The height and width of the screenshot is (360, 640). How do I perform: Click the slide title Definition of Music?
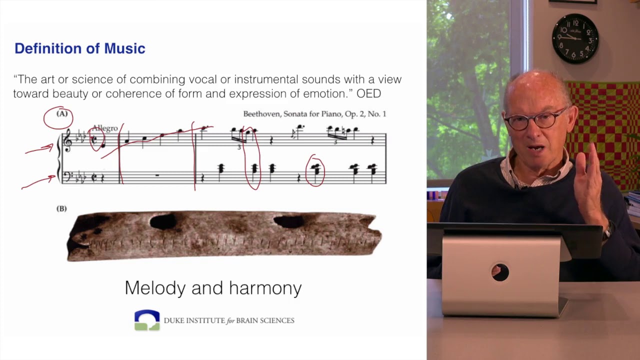point(79,48)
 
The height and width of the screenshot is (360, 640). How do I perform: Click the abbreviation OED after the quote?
point(368,93)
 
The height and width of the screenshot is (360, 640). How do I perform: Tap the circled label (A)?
point(61,114)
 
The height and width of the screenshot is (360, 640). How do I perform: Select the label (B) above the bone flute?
point(61,208)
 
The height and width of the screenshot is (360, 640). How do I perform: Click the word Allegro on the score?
point(105,128)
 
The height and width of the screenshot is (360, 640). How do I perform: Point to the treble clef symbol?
point(67,140)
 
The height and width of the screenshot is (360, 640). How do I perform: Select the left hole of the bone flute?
point(163,221)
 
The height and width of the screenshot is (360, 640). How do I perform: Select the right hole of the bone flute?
point(289,221)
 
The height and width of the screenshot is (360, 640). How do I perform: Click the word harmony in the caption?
point(265,288)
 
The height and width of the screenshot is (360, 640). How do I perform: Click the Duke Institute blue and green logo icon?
point(147,320)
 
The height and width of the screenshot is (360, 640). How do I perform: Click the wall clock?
point(575,38)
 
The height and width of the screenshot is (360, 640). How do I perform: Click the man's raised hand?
point(590,180)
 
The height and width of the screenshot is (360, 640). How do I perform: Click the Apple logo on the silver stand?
point(499,272)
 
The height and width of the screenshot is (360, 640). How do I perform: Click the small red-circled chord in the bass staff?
point(315,171)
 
